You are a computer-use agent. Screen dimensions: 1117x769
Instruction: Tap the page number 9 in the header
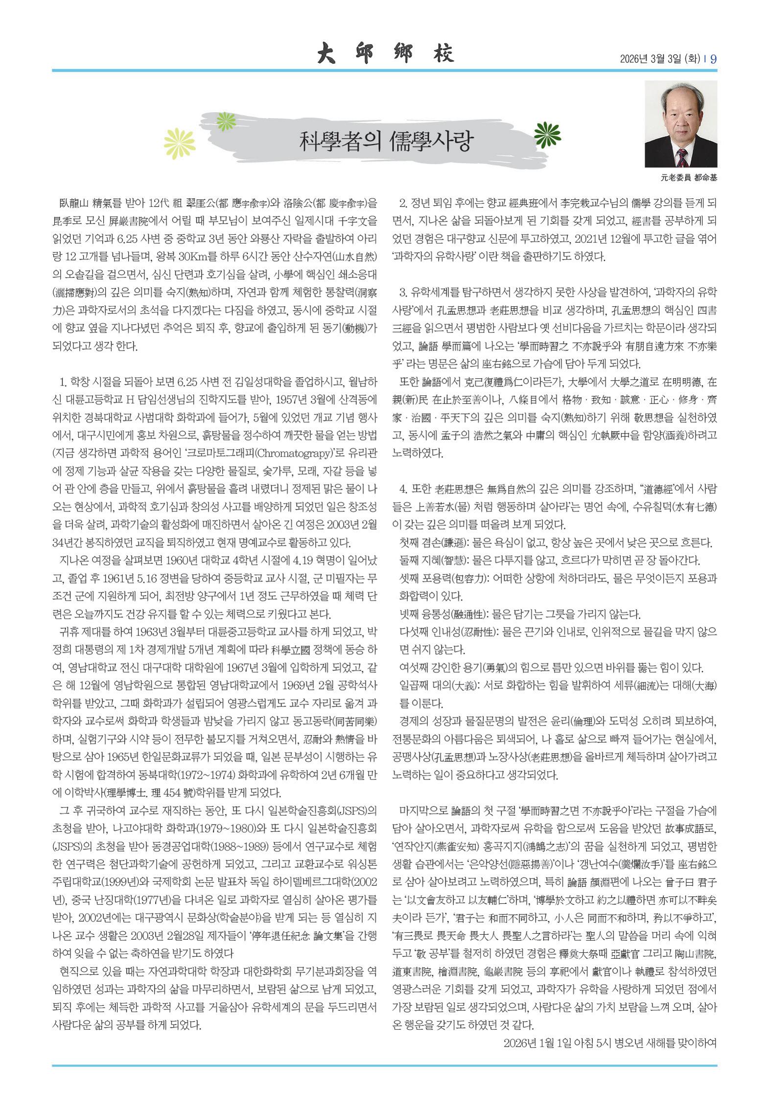pyautogui.click(x=713, y=59)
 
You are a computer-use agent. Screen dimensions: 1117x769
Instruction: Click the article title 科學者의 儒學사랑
pyautogui.click(x=386, y=141)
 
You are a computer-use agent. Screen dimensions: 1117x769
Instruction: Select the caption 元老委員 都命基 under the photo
pyautogui.click(x=688, y=178)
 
